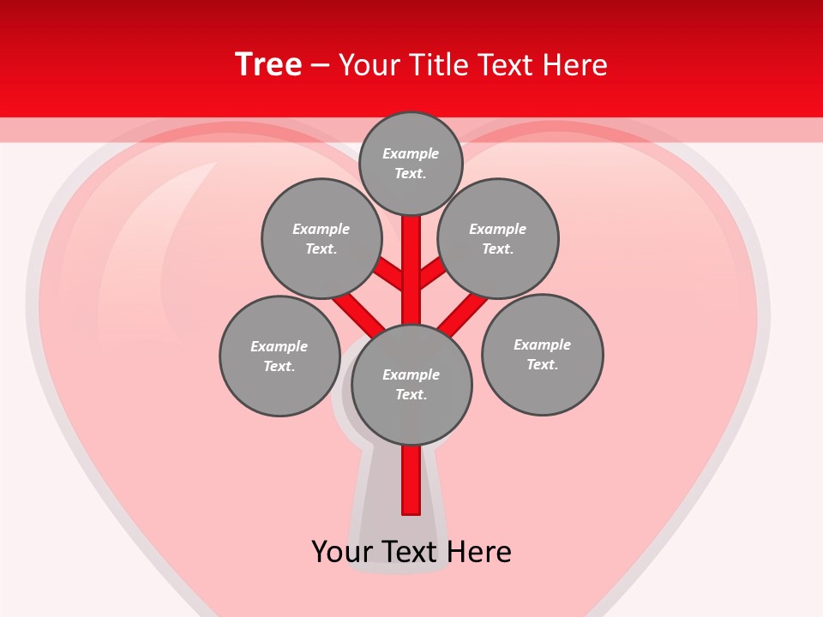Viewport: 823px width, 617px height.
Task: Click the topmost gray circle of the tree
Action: coord(411,163)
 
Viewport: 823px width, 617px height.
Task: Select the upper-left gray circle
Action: coord(321,238)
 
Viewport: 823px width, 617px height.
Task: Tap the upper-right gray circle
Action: coord(498,238)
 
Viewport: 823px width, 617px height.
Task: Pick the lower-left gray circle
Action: coord(279,356)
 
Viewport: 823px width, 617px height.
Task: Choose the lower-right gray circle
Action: coord(542,355)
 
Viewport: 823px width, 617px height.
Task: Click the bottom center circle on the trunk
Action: coord(411,384)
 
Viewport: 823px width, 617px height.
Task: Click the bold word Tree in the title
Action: coord(268,64)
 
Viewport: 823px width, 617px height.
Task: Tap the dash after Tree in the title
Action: coord(320,65)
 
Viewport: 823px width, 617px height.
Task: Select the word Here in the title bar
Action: coord(575,65)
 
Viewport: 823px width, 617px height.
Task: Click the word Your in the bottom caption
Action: coord(342,552)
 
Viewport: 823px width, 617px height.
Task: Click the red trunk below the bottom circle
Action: coord(411,480)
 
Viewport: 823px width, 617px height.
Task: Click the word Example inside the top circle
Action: coord(411,153)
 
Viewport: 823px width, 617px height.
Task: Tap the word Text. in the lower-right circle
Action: coord(542,364)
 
